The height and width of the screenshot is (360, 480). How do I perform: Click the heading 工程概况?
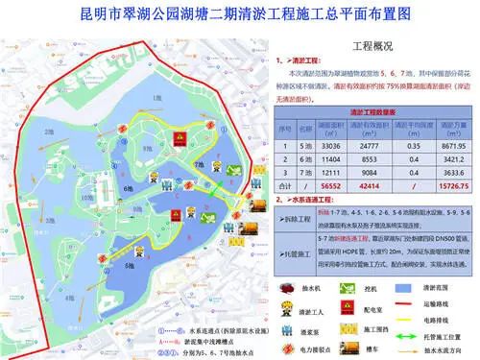(374, 45)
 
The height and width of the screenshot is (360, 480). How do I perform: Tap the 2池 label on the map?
(48, 132)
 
